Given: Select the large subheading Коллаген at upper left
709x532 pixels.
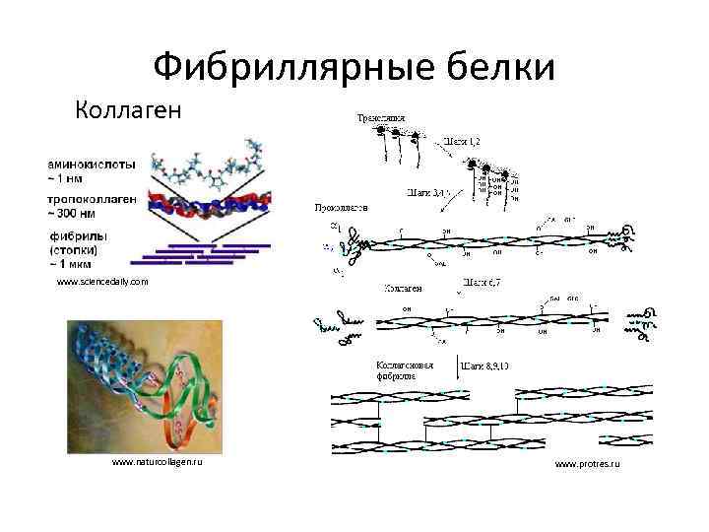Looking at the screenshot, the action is click(128, 108).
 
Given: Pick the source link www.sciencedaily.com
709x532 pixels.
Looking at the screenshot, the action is click(102, 282).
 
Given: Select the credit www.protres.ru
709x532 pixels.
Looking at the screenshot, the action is click(587, 463).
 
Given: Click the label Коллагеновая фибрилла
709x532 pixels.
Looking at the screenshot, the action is click(405, 370).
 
